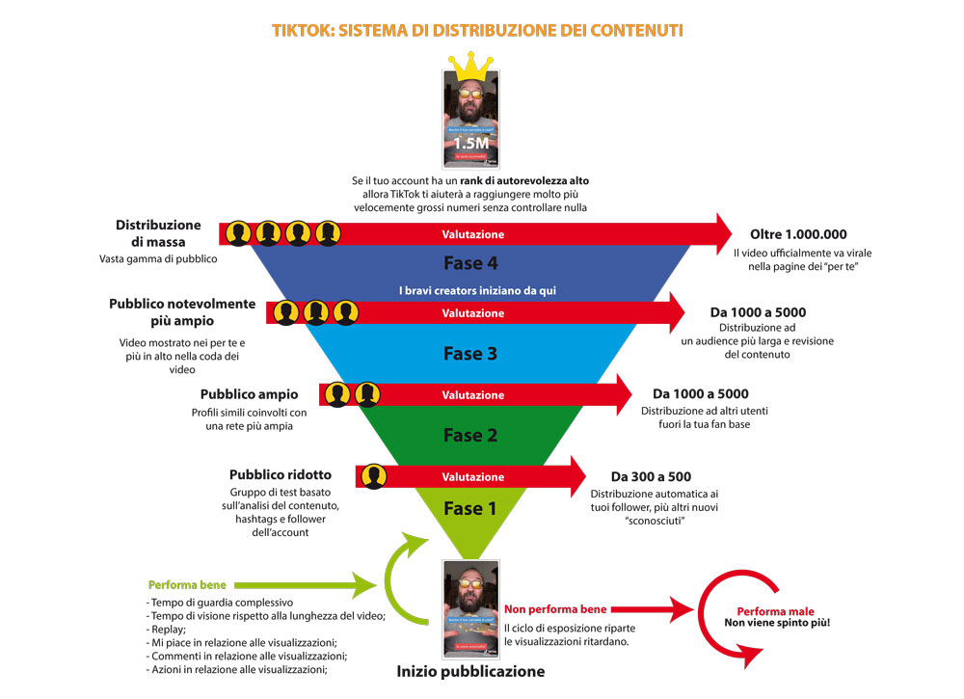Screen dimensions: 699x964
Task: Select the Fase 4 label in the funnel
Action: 469,263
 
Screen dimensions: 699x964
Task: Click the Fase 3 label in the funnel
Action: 469,354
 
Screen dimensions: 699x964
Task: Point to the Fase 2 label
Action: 469,436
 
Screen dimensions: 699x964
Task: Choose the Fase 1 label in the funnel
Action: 469,509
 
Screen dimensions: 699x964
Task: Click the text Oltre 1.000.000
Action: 797,234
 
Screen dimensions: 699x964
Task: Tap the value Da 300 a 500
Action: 651,476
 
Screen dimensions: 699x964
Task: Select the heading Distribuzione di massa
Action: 158,232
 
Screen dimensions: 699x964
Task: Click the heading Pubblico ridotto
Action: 280,474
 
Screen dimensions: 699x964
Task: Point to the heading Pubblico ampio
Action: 249,394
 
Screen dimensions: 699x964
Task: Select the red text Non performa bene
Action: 555,609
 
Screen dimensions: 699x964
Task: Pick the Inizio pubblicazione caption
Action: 469,671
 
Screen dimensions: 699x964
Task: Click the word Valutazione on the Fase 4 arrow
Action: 472,234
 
